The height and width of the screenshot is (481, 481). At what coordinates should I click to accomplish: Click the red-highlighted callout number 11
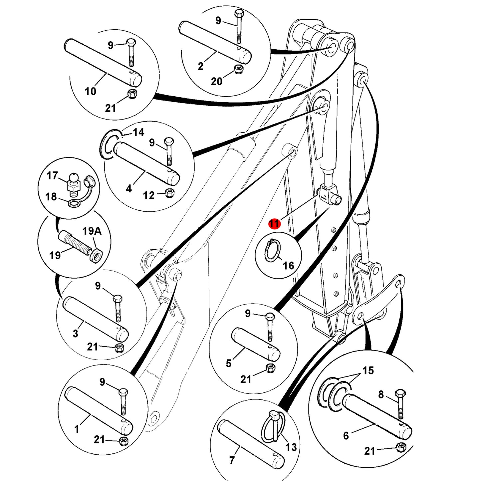274,223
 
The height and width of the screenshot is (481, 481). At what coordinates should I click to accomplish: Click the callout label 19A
92,231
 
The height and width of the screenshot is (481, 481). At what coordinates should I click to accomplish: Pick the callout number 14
138,132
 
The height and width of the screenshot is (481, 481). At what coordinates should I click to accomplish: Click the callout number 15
368,370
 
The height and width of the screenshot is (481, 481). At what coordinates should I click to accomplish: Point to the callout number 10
90,91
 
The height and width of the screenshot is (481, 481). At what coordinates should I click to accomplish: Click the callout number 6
346,436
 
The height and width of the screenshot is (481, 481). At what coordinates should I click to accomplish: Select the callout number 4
128,189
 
